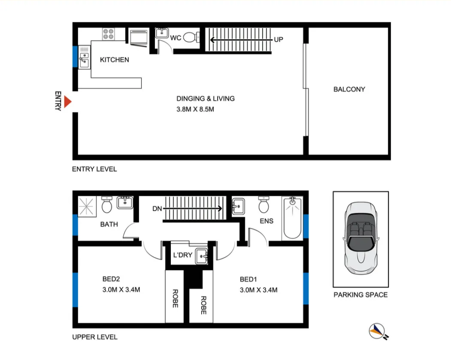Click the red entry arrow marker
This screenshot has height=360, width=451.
pos(68,102)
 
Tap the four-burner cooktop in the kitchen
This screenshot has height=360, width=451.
pos(109,34)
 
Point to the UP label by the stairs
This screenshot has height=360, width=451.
pos(279,39)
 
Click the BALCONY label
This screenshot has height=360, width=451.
pos(349,89)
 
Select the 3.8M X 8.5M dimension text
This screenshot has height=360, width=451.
pos(195,109)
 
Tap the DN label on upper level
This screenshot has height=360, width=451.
pos(157,209)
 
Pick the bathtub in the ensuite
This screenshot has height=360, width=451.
pos(292,218)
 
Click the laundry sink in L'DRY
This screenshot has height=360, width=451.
pos(202,256)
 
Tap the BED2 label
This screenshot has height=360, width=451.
pos(111,279)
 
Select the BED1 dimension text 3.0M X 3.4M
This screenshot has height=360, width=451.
pos(258,290)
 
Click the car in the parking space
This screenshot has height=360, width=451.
pos(361,238)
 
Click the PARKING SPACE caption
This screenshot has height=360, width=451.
pos(361,295)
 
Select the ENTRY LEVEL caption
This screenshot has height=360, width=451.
pos(94,169)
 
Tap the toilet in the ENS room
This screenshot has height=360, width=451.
pos(264,205)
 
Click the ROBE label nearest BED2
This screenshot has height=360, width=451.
pos(175,299)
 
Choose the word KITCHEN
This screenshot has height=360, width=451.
pos(114,60)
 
